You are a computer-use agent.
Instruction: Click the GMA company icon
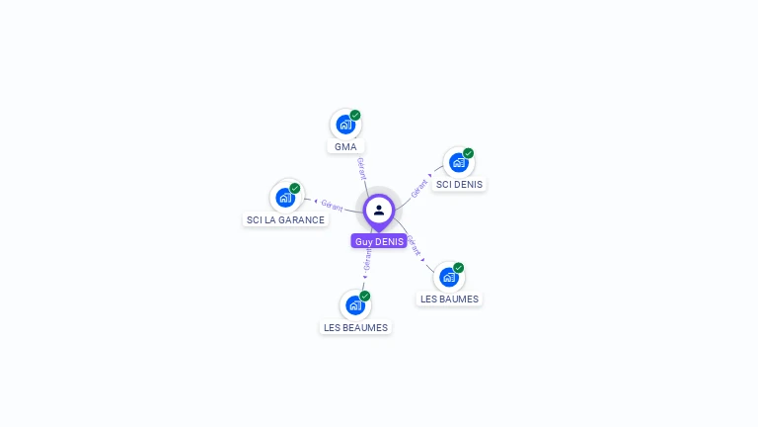click(x=344, y=125)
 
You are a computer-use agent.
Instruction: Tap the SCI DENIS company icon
click(x=458, y=162)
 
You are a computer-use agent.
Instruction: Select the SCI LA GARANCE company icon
click(x=285, y=198)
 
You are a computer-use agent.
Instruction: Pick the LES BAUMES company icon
click(x=449, y=277)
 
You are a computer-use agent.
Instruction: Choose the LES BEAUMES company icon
click(x=354, y=305)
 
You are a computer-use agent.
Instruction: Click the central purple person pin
click(x=379, y=210)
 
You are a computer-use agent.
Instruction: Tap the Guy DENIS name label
click(x=379, y=241)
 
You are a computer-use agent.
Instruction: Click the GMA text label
click(x=345, y=146)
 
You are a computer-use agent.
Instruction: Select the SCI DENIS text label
click(x=459, y=184)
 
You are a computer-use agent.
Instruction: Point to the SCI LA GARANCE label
click(x=285, y=219)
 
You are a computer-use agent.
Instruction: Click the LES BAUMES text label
click(x=449, y=299)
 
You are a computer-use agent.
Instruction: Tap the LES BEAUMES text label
click(x=355, y=327)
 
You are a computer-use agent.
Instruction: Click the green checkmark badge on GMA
click(x=355, y=115)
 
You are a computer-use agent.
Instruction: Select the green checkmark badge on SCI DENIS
click(x=469, y=153)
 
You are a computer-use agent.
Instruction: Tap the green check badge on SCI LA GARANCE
click(x=295, y=188)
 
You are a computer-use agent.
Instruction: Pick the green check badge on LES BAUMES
click(x=459, y=267)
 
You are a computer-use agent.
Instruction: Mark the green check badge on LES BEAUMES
click(x=365, y=296)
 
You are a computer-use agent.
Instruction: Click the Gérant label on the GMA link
click(x=361, y=167)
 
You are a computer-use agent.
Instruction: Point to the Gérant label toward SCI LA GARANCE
click(x=332, y=205)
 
